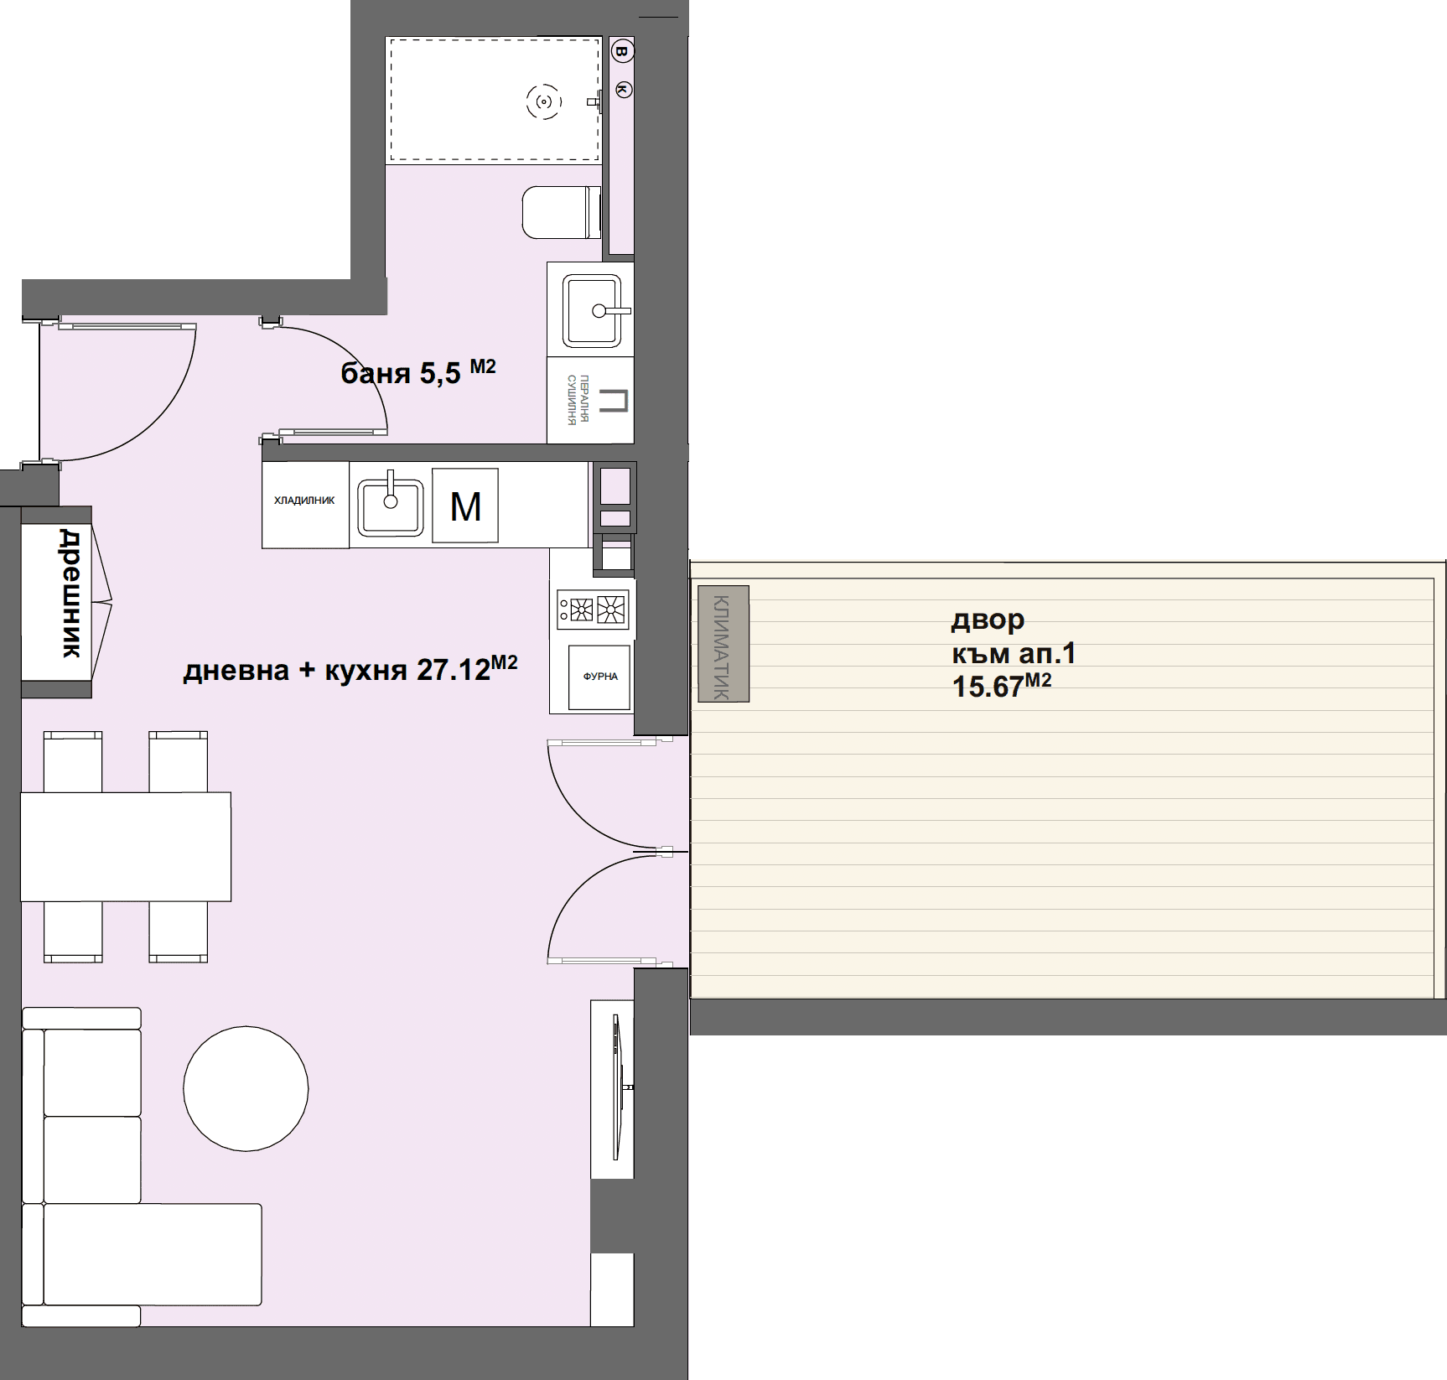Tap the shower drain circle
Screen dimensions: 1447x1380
click(x=544, y=102)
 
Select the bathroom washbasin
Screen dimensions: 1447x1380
click(x=593, y=310)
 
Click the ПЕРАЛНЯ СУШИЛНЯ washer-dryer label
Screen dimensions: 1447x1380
click(x=578, y=400)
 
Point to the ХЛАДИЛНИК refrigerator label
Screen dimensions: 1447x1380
click(x=304, y=501)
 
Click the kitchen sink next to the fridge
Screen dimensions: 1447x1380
click(x=391, y=506)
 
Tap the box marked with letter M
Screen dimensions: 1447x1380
click(x=465, y=506)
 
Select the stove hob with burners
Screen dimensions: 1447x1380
click(x=593, y=610)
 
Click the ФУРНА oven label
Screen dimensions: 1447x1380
click(x=600, y=677)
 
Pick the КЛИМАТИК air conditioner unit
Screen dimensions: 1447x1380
click(x=723, y=644)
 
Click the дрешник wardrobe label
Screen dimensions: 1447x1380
click(x=72, y=593)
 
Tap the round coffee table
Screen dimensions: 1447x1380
click(x=246, y=1089)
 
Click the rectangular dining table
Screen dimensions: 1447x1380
click(x=126, y=847)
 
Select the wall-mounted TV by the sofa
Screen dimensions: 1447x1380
click(x=618, y=1087)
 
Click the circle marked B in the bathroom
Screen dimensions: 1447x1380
click(x=621, y=52)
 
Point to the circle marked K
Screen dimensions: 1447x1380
click(x=624, y=89)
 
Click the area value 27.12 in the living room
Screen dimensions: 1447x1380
click(x=454, y=670)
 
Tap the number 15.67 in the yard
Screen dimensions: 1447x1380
click(x=988, y=687)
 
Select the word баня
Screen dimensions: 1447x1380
click(x=376, y=373)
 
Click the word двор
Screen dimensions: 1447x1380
click(x=988, y=620)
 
